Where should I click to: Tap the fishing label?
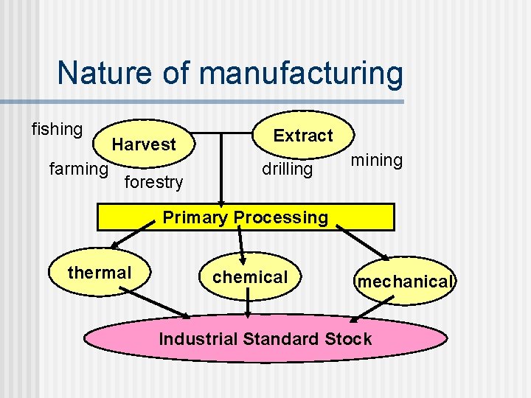pos(57,130)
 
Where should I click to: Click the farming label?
pos(78,170)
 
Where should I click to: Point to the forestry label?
pos(153,181)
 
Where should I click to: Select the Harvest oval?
pos(144,144)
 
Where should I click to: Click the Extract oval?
pos(303,136)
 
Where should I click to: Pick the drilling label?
pos(288,170)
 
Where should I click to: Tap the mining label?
pos(376,160)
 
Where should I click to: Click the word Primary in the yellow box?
pos(194,217)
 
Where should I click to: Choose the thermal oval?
pos(99,273)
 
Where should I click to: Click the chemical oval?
pos(250,277)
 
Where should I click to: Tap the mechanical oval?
pos(404,282)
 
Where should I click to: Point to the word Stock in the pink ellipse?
pos(347,339)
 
